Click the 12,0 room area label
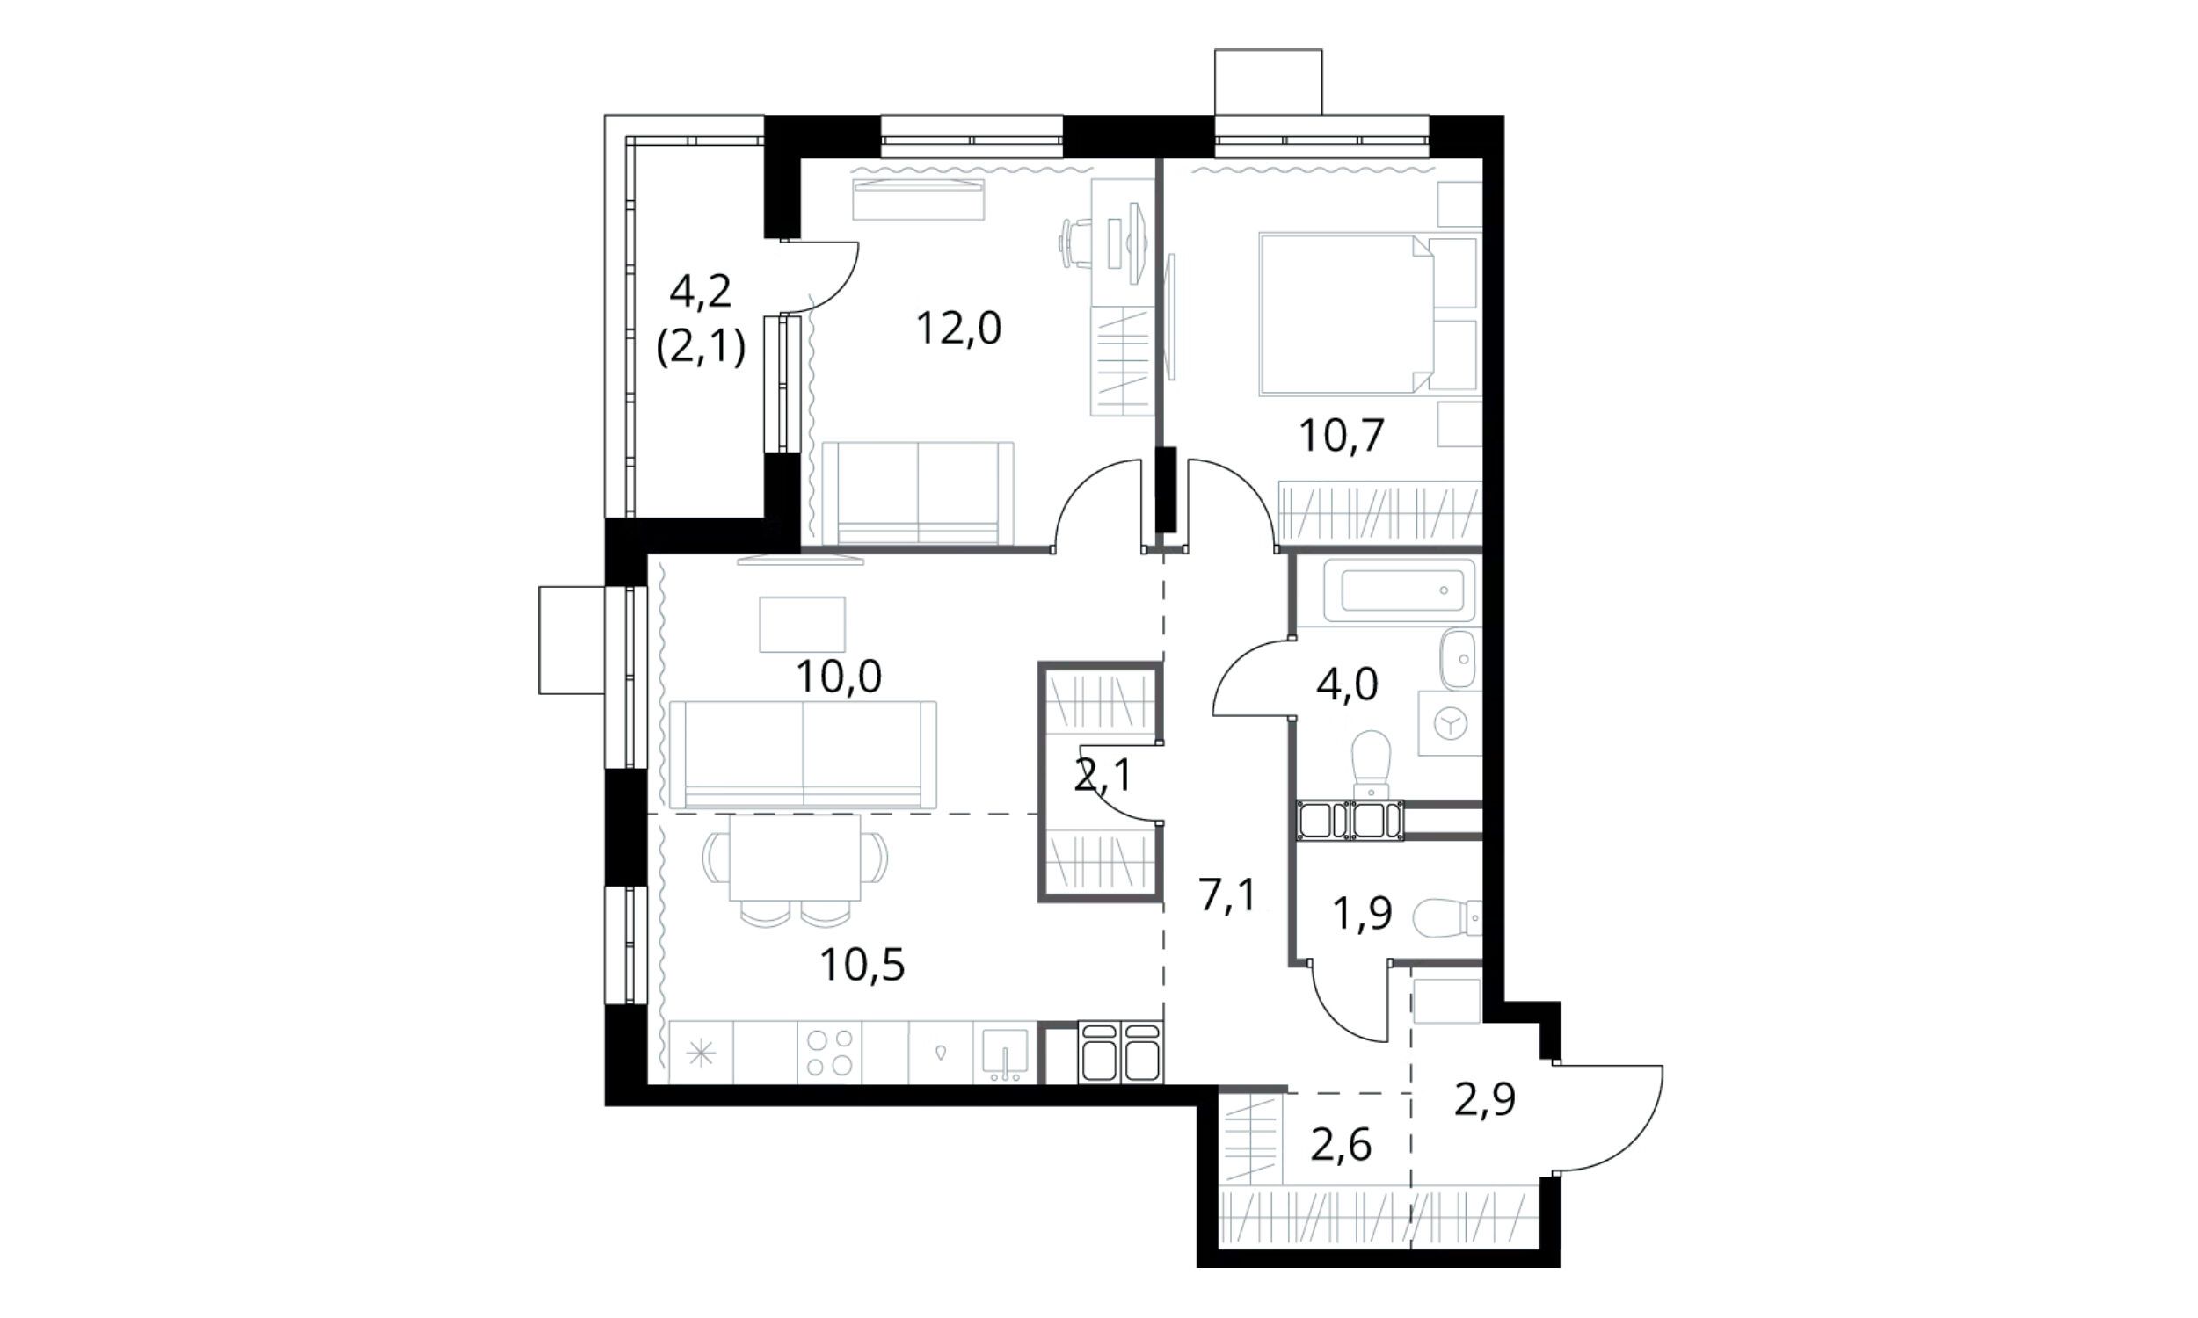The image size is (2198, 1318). tap(958, 329)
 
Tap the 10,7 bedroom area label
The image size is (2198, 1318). tap(1342, 436)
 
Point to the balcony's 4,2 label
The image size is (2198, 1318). tap(700, 292)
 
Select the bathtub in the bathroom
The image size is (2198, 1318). tap(1401, 590)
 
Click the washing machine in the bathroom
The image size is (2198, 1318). tap(1449, 723)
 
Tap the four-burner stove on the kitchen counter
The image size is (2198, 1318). tap(830, 1053)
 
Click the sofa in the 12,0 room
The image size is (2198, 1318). tap(918, 493)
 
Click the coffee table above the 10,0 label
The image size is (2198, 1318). tap(802, 625)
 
